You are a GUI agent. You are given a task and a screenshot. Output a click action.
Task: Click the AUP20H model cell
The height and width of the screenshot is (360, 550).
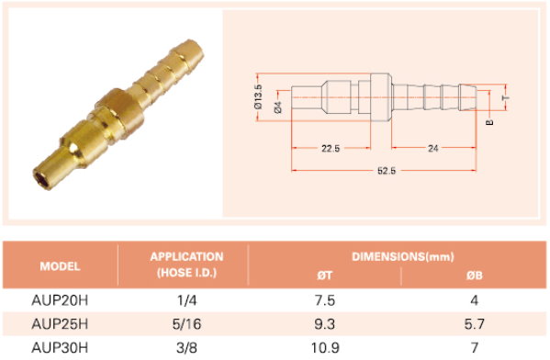tap(60, 300)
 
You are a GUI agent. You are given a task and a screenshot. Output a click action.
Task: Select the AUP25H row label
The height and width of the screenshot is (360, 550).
tap(60, 324)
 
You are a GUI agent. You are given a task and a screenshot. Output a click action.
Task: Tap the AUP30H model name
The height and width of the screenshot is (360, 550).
tap(60, 348)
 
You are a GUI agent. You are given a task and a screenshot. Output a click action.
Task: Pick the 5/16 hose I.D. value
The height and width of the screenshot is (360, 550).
tap(186, 324)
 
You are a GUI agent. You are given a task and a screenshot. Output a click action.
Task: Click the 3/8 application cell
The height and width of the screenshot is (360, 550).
tap(186, 348)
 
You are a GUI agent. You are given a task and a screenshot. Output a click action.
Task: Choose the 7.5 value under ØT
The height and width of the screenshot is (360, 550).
tap(325, 300)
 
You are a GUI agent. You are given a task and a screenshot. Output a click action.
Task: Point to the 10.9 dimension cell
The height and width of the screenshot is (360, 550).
tap(325, 348)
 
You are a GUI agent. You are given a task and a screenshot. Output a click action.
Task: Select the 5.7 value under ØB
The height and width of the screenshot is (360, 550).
tap(474, 324)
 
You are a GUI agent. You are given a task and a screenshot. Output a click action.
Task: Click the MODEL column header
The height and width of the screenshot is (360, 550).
tap(60, 266)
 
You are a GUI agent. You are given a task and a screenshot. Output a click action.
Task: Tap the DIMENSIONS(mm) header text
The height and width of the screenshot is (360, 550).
tap(403, 256)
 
